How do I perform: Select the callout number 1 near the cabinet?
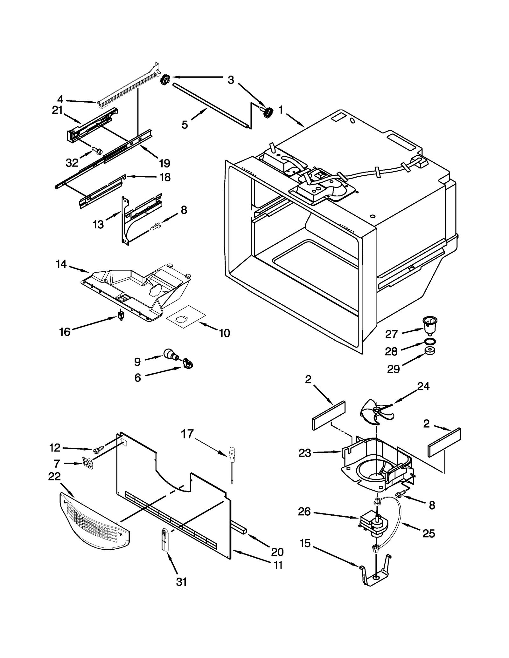point(281,110)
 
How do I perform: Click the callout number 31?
point(181,582)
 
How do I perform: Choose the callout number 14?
point(61,264)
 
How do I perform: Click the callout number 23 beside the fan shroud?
point(304,453)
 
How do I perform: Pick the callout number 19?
point(164,163)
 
